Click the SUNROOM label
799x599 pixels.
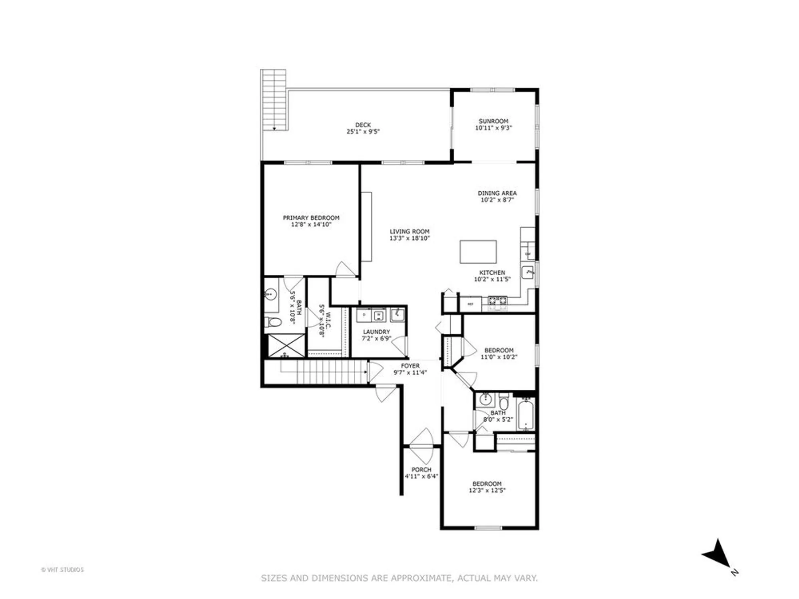point(493,121)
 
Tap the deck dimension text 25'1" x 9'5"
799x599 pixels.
point(363,131)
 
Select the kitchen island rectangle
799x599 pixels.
point(478,252)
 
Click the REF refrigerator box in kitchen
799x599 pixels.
point(471,304)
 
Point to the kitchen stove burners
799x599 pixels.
point(497,300)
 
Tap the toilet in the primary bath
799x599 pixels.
point(273,322)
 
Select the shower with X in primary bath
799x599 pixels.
point(286,345)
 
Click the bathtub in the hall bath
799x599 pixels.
point(526,415)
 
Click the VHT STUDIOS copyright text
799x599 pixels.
point(62,570)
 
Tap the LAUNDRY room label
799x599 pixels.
point(376,332)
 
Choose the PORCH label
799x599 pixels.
point(421,470)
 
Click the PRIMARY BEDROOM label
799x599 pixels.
point(311,218)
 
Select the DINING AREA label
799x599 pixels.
point(497,193)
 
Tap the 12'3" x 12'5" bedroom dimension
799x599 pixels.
point(487,490)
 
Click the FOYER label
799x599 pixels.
point(410,366)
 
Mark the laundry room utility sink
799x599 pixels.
point(397,315)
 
